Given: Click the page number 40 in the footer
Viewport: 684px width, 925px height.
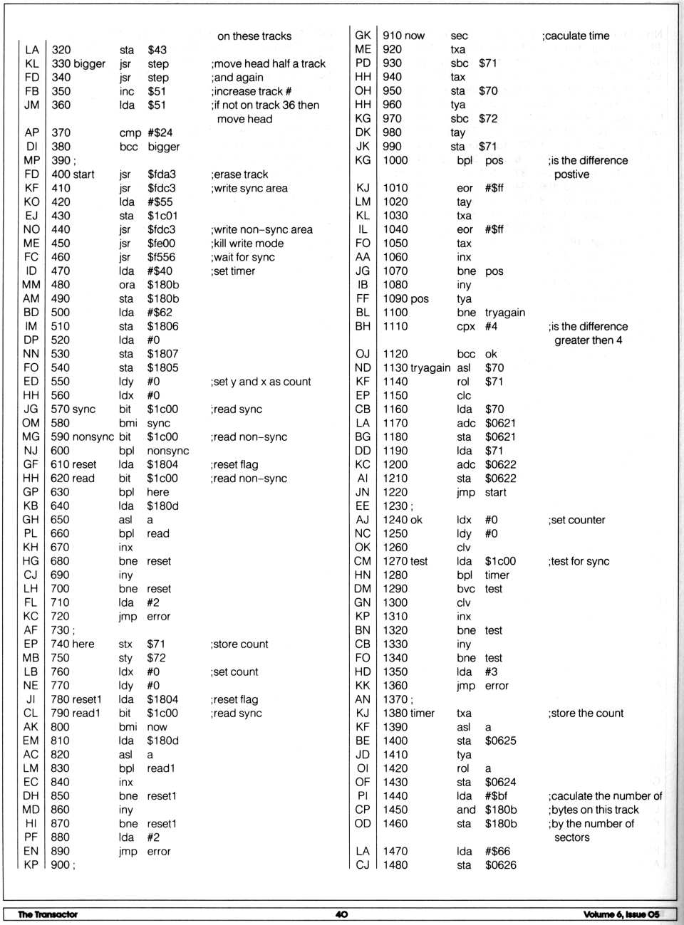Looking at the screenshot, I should pos(341,914).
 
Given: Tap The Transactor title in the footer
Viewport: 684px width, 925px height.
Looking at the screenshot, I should pos(48,914).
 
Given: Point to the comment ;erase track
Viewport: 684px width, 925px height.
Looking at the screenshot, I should pos(239,174).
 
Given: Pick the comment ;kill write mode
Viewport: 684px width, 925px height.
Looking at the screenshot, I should pos(247,244).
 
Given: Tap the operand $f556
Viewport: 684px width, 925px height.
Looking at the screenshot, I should pos(162,257).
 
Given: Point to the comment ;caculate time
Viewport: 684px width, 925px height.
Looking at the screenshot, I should pos(576,36).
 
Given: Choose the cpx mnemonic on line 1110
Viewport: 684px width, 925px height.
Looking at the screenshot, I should pos(465,326).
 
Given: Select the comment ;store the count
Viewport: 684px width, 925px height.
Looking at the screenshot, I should pos(586,713).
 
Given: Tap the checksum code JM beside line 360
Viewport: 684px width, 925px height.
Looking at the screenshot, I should pos(31,105).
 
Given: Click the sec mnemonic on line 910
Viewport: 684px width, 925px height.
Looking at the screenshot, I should pos(459,36).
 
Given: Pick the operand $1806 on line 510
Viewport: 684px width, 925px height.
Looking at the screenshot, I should pos(162,326).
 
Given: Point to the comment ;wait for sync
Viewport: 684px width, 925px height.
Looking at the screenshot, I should pos(243,257).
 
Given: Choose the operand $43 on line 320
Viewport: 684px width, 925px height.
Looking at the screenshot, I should pos(157,50).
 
